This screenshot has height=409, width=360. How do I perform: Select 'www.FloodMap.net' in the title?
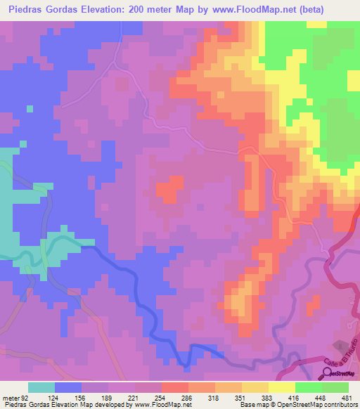[236, 9]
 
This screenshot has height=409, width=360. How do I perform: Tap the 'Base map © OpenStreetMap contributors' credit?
[298, 405]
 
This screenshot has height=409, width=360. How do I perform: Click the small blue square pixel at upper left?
[29, 109]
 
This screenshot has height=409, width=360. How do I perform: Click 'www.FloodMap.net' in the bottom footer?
[158, 405]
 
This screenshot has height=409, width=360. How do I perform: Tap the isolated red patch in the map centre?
[167, 190]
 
